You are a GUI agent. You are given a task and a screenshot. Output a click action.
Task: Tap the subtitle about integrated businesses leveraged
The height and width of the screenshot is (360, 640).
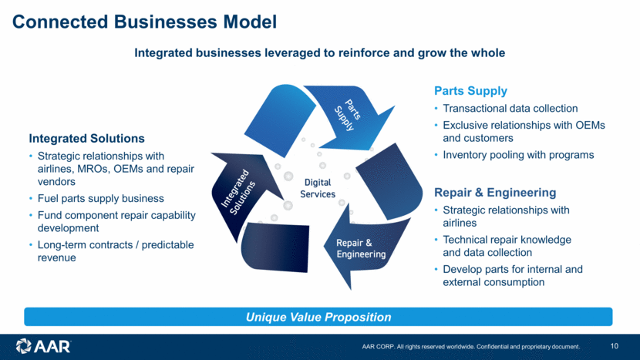pyautogui.click(x=319, y=53)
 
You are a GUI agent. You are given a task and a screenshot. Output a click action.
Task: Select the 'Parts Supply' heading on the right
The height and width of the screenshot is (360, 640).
pyautogui.click(x=470, y=91)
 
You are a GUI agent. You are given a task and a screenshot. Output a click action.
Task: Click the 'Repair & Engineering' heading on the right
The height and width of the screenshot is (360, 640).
pyautogui.click(x=495, y=192)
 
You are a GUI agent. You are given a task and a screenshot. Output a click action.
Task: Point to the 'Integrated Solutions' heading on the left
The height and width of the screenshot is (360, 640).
pyautogui.click(x=86, y=139)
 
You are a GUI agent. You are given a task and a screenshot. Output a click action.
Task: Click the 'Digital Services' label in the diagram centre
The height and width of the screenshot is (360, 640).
pyautogui.click(x=318, y=188)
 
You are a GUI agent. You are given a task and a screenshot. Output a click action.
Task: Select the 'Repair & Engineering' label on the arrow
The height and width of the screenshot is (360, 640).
pyautogui.click(x=361, y=248)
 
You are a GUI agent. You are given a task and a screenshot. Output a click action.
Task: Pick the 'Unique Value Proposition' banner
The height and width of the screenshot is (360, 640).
pyautogui.click(x=318, y=317)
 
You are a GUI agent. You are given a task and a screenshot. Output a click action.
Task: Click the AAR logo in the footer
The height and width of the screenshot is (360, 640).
pyautogui.click(x=43, y=346)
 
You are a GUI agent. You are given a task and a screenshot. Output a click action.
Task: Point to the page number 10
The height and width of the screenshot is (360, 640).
pyautogui.click(x=614, y=346)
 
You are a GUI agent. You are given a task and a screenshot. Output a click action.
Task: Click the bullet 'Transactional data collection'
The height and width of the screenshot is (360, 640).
pyautogui.click(x=510, y=109)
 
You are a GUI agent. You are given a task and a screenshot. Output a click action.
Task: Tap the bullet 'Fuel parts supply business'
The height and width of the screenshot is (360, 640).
pyautogui.click(x=101, y=199)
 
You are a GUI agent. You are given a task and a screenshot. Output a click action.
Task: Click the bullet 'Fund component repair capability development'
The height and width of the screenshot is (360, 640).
pyautogui.click(x=116, y=222)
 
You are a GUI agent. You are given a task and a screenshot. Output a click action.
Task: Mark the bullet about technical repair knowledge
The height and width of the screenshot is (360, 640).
pyautogui.click(x=507, y=246)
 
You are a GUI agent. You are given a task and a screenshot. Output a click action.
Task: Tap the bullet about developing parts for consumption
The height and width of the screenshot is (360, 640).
pyautogui.click(x=512, y=276)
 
